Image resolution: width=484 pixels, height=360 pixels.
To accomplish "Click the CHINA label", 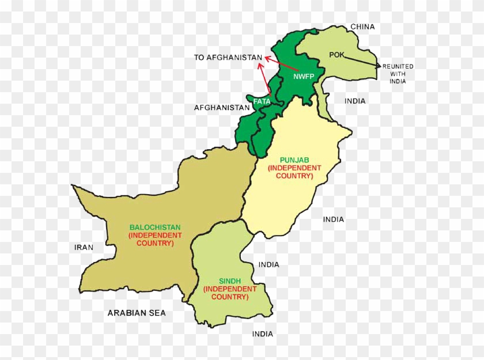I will (x=362, y=26).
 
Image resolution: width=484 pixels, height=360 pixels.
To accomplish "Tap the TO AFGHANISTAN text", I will (x=228, y=58).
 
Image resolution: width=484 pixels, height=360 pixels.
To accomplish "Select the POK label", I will (x=336, y=55).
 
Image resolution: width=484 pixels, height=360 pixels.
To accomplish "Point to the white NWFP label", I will (x=303, y=77).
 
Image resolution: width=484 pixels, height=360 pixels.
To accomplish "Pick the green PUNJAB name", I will (x=294, y=160).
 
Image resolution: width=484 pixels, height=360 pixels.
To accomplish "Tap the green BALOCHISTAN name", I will (x=155, y=228).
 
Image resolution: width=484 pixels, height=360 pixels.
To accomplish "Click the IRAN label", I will (x=84, y=247).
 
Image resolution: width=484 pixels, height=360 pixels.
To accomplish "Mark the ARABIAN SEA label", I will (x=137, y=313).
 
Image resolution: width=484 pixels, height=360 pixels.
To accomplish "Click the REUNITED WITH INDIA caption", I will (x=398, y=74).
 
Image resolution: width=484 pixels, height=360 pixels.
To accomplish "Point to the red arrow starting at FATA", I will (x=263, y=78).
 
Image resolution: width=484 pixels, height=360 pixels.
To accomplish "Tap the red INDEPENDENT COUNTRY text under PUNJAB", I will (x=294, y=172).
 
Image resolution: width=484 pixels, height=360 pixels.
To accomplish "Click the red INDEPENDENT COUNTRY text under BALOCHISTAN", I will (x=155, y=240).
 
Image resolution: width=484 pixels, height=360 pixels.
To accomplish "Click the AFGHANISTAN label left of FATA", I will (x=222, y=108).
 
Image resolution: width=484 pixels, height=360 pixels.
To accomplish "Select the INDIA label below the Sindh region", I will (x=262, y=334).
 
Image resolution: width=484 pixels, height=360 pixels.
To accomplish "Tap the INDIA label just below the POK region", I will (x=355, y=101).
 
